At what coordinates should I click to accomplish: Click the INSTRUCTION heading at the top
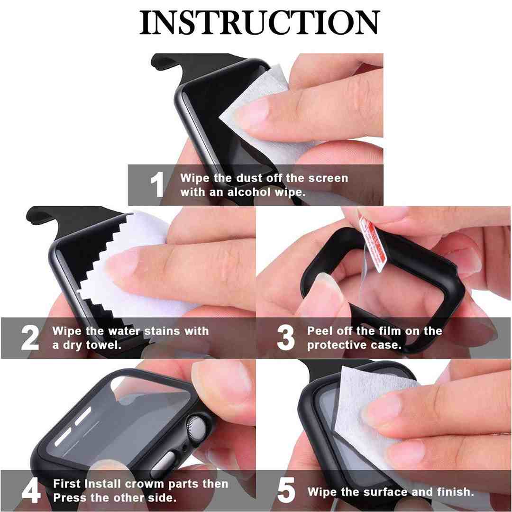tap(260, 22)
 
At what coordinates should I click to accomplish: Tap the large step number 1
tap(157, 184)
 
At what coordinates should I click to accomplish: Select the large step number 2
tap(30, 338)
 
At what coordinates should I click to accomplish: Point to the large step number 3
tap(286, 338)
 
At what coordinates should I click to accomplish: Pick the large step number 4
tap(31, 491)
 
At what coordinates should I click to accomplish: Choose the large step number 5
tap(286, 490)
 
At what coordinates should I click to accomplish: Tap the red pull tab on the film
tap(373, 245)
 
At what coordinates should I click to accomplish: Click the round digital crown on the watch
tap(198, 426)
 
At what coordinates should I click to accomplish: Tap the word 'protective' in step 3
tap(335, 346)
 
